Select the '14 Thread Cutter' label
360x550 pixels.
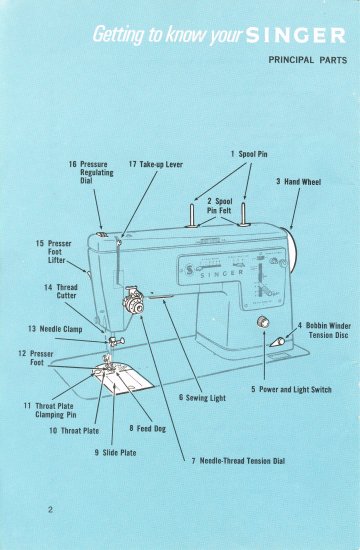tap(61, 291)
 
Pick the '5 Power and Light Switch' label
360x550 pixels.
tap(291, 388)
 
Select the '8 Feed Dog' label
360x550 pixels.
tap(146, 428)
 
